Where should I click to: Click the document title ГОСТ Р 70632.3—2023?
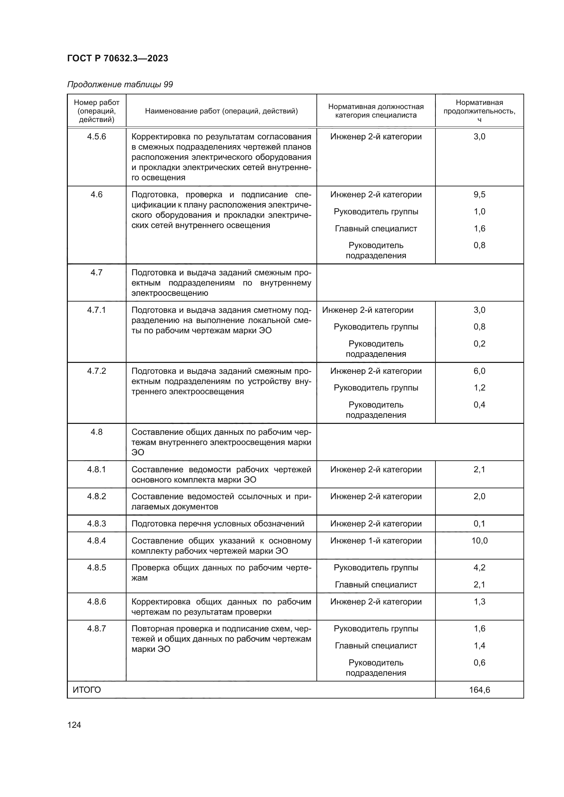click(x=117, y=58)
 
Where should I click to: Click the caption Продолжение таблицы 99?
click(x=120, y=85)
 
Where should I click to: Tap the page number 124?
click(x=74, y=725)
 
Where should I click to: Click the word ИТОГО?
click(x=87, y=690)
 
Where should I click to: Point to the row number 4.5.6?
click(x=97, y=136)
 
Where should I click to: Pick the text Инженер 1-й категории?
click(x=376, y=540)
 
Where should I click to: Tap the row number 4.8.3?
click(x=97, y=523)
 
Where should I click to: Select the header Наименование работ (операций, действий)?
click(x=221, y=111)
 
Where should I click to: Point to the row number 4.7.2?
click(x=97, y=371)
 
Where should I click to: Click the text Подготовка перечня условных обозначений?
click(x=218, y=523)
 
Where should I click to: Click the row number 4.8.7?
click(x=97, y=629)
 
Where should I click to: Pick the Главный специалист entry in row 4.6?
click(x=376, y=228)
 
